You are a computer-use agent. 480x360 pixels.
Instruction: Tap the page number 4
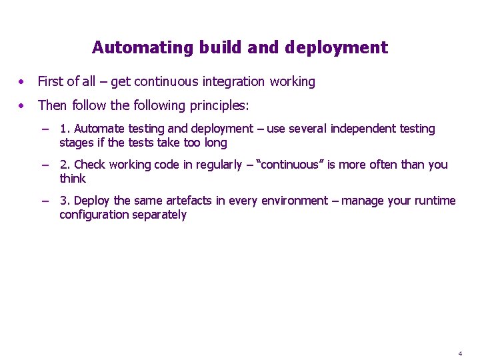(x=460, y=353)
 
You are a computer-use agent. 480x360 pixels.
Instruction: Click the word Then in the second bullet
(x=53, y=105)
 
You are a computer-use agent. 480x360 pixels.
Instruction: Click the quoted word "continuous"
(x=285, y=165)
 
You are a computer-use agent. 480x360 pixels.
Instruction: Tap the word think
(x=73, y=179)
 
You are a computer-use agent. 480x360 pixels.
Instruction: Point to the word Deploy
(x=93, y=201)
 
